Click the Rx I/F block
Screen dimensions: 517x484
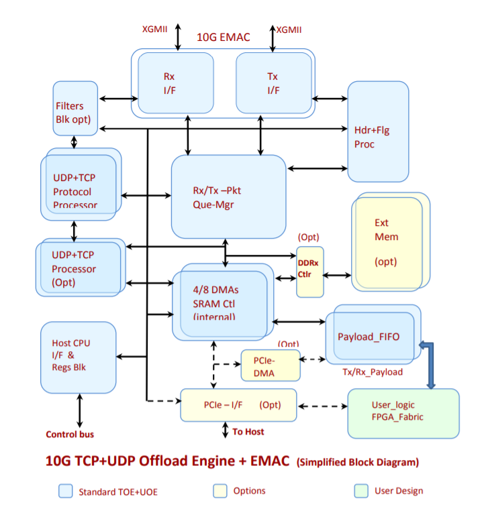click(x=175, y=83)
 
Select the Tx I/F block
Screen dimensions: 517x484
click(x=273, y=83)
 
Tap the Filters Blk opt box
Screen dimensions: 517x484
click(x=75, y=109)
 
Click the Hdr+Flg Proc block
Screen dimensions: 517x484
click(x=378, y=132)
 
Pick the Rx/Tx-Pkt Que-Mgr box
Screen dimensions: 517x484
click(x=228, y=196)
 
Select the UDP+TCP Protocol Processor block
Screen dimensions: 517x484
click(x=79, y=184)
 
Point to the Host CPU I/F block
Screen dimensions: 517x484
click(x=78, y=357)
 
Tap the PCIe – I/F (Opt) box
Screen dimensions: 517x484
click(x=238, y=405)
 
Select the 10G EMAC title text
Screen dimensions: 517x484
click(x=223, y=38)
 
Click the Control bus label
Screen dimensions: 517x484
click(x=70, y=434)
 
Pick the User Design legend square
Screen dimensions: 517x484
click(x=361, y=492)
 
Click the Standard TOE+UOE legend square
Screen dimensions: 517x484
click(x=66, y=492)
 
